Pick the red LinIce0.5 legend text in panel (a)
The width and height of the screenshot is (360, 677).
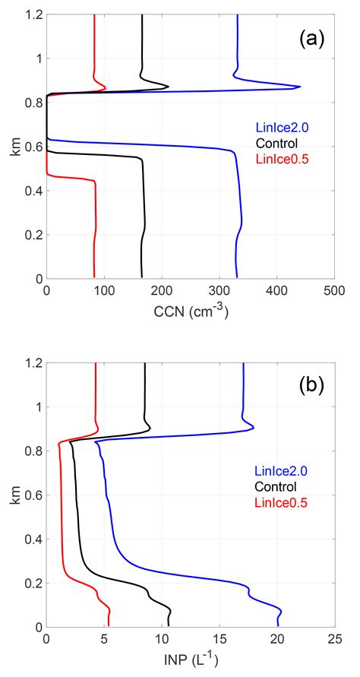(x=279, y=157)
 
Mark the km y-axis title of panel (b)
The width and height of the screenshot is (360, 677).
(x=14, y=495)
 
